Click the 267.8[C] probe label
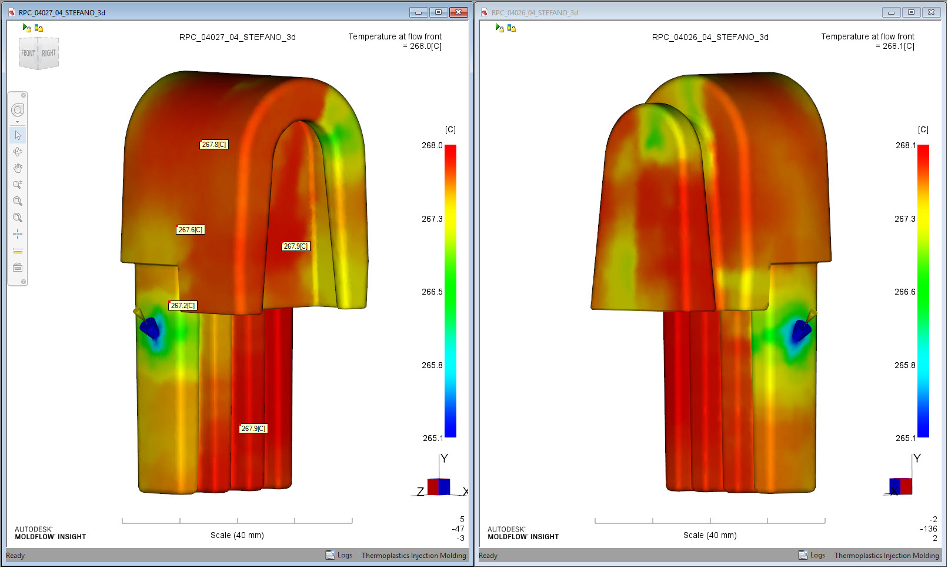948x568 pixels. pyautogui.click(x=214, y=145)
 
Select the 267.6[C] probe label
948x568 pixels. pyautogui.click(x=191, y=230)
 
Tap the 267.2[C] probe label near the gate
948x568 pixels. pyautogui.click(x=183, y=306)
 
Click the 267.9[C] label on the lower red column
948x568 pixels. pyautogui.click(x=253, y=429)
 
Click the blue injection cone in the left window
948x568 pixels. pyautogui.click(x=151, y=328)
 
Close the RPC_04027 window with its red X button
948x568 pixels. pyautogui.click(x=458, y=12)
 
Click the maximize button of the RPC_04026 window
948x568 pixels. pyautogui.click(x=911, y=12)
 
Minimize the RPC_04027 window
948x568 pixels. pyautogui.click(x=418, y=12)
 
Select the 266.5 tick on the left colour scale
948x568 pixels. pyautogui.click(x=432, y=292)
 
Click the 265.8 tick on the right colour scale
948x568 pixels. pyautogui.click(x=905, y=365)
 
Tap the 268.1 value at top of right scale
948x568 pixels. pyautogui.click(x=905, y=145)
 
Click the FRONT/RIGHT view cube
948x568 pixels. pyautogui.click(x=39, y=53)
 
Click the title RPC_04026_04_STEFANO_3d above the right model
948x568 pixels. pyautogui.click(x=710, y=37)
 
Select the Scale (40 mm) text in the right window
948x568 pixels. pyautogui.click(x=710, y=535)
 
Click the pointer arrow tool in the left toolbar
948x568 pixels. pyautogui.click(x=18, y=135)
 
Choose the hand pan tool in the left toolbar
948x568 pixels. pyautogui.click(x=18, y=168)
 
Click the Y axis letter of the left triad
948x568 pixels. pyautogui.click(x=445, y=459)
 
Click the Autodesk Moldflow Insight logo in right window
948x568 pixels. pyautogui.click(x=523, y=533)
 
